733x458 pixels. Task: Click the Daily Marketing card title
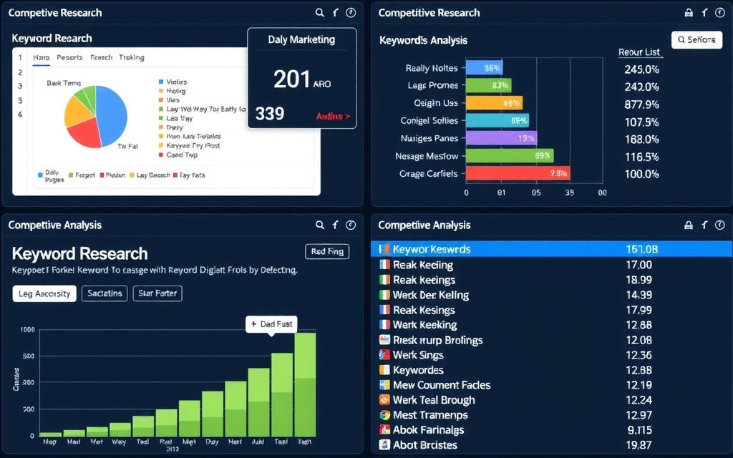(x=301, y=40)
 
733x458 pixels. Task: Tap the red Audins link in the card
(x=333, y=116)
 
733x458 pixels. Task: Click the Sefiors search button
(x=696, y=40)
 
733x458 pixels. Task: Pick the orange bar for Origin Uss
(x=494, y=103)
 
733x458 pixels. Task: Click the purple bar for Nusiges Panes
(x=501, y=138)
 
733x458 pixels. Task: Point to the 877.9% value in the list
(x=641, y=104)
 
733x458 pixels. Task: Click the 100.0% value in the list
(x=641, y=174)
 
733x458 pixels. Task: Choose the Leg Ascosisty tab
(x=44, y=293)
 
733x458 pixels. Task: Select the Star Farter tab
(x=157, y=293)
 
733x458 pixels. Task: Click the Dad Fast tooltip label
(x=271, y=324)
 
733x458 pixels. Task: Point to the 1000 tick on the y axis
(x=27, y=330)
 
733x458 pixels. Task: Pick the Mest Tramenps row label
(x=430, y=415)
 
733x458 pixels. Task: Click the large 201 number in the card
(x=292, y=79)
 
